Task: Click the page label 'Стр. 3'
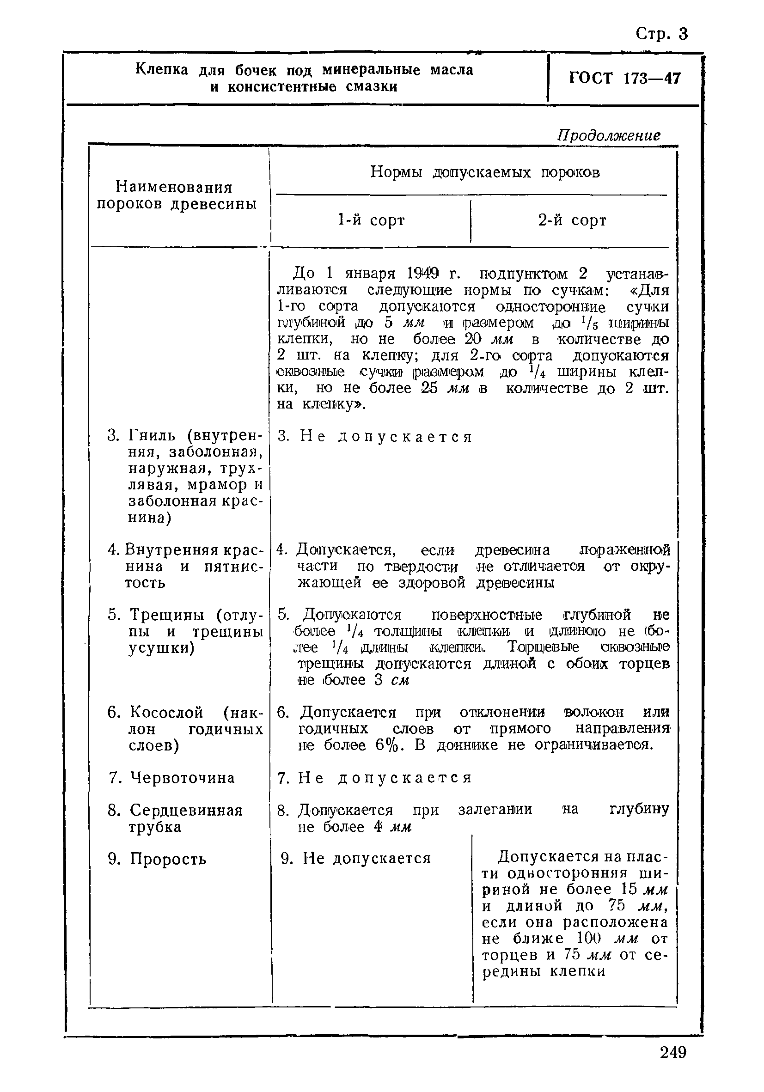(662, 34)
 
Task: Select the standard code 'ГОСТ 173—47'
(624, 78)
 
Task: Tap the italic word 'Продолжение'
(609, 135)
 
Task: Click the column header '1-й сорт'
(371, 220)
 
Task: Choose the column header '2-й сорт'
(572, 220)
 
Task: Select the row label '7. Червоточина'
(172, 778)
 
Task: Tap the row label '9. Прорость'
(158, 859)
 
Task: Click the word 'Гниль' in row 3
(155, 435)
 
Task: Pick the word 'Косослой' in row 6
(166, 713)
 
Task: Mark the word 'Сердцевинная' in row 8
(186, 811)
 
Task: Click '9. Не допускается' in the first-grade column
(356, 858)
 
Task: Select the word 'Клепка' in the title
(162, 69)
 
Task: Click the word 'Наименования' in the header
(174, 187)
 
